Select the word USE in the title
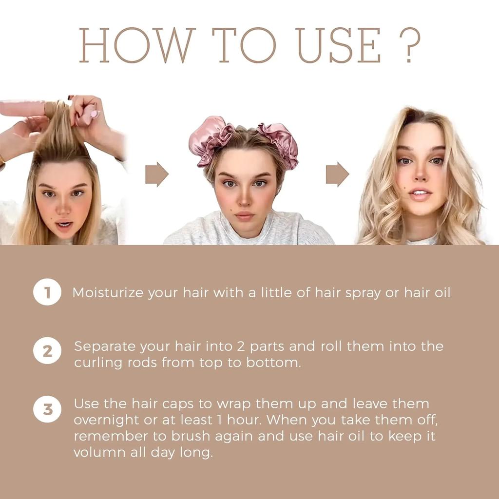(339, 45)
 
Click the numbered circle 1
(47, 292)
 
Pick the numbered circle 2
(47, 351)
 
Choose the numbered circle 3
(47, 409)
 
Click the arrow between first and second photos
(156, 174)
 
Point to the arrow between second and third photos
(337, 174)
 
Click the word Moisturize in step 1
(108, 293)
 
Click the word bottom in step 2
(278, 363)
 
